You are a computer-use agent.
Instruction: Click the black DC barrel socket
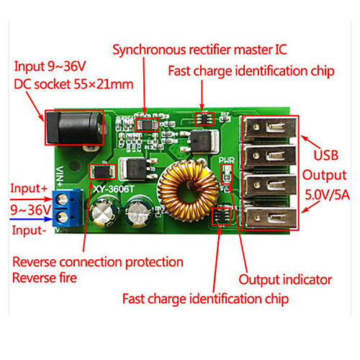(x=75, y=127)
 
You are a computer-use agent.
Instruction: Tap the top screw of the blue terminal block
(x=63, y=199)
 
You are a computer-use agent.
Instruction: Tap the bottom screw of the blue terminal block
(x=63, y=217)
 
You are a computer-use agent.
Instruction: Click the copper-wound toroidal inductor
(x=188, y=191)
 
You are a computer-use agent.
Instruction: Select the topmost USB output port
(x=271, y=128)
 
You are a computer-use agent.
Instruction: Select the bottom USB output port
(x=271, y=217)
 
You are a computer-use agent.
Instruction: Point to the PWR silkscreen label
(x=226, y=160)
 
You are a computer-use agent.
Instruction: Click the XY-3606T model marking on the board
(x=113, y=189)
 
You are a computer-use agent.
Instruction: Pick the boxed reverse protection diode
(x=102, y=171)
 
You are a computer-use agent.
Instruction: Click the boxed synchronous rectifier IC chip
(x=148, y=125)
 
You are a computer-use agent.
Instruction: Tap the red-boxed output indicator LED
(x=227, y=174)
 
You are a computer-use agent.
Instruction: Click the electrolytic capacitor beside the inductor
(x=140, y=212)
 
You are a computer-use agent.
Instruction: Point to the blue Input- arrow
(x=32, y=219)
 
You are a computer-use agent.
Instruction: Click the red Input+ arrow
(x=32, y=199)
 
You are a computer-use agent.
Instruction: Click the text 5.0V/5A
(x=327, y=194)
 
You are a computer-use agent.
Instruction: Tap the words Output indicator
(x=285, y=280)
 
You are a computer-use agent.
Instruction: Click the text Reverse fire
(x=45, y=278)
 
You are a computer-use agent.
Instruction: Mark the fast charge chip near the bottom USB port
(x=221, y=216)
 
